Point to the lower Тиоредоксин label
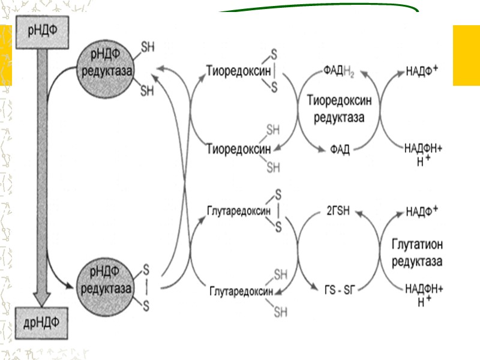pos(235,149)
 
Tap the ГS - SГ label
pos(339,290)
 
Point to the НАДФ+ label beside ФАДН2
pos(422,71)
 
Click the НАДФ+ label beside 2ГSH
pos(422,211)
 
